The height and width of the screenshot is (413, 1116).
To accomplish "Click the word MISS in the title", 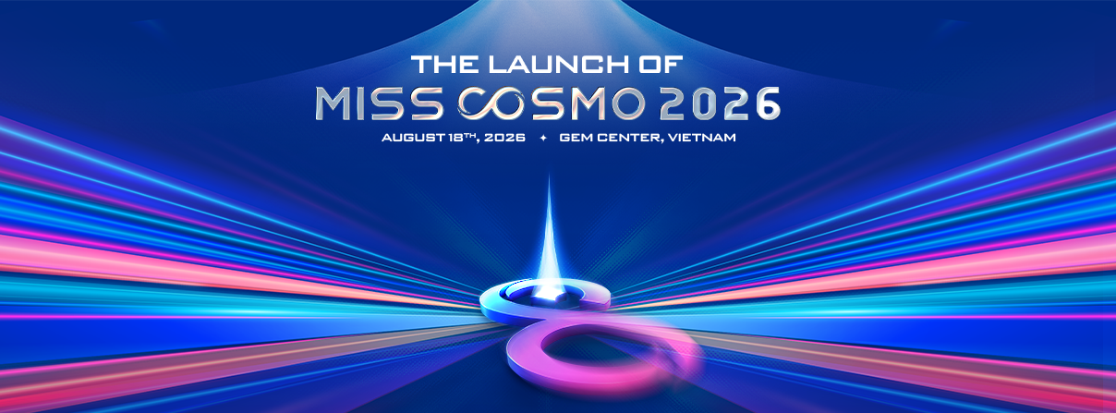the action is click(379, 104).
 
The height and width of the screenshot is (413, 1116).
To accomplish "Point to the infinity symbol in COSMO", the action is click(495, 104).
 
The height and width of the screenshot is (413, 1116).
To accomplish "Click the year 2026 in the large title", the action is click(720, 103).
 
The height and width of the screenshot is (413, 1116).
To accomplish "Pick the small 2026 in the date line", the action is click(504, 137).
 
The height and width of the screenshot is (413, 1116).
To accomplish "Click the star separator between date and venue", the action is click(543, 138).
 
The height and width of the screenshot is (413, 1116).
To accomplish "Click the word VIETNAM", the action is click(702, 137).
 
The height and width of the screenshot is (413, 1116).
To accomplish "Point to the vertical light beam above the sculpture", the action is click(549, 229).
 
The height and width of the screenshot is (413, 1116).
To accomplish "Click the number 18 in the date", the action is click(453, 137).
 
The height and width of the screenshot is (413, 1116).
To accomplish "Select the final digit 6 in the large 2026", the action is click(765, 103).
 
